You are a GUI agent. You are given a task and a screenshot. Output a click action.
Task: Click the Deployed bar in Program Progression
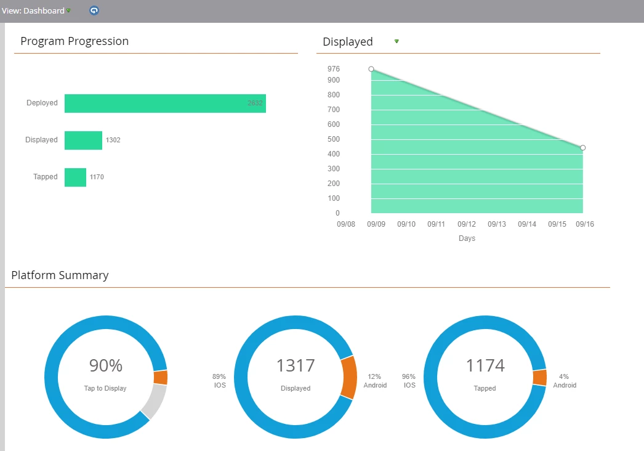click(x=165, y=104)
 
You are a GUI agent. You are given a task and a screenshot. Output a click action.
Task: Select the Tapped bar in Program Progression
click(x=75, y=177)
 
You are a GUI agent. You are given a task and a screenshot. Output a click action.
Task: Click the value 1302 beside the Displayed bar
click(x=113, y=140)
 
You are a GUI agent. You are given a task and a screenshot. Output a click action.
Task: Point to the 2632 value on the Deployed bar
click(x=255, y=104)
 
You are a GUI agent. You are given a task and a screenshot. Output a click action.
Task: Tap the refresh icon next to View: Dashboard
click(x=94, y=10)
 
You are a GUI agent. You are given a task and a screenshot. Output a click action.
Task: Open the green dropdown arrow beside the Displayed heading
click(x=396, y=41)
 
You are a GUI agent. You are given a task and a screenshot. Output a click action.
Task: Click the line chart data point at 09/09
click(x=371, y=69)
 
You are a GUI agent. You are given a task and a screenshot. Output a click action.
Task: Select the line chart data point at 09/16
click(x=583, y=148)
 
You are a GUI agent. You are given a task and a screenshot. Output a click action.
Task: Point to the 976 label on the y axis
click(x=334, y=69)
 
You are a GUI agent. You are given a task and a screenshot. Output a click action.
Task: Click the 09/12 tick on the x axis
click(x=467, y=224)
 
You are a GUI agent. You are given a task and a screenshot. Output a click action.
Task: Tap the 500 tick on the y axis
click(x=334, y=139)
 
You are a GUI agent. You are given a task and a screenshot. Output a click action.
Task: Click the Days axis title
click(x=467, y=238)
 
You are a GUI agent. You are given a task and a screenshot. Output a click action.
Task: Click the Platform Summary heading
click(x=60, y=275)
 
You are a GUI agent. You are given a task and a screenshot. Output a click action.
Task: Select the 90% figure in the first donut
click(x=106, y=366)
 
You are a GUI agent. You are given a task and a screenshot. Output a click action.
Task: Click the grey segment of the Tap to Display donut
click(x=155, y=400)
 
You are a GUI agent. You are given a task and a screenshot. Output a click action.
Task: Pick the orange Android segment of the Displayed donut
click(x=348, y=377)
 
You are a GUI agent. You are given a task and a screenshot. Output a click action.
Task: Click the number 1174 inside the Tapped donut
click(x=485, y=366)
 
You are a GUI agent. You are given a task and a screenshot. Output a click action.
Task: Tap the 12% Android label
click(x=375, y=381)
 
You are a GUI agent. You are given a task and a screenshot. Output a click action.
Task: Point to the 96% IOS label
click(x=409, y=381)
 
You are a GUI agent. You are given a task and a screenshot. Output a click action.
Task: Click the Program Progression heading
click(x=74, y=41)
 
